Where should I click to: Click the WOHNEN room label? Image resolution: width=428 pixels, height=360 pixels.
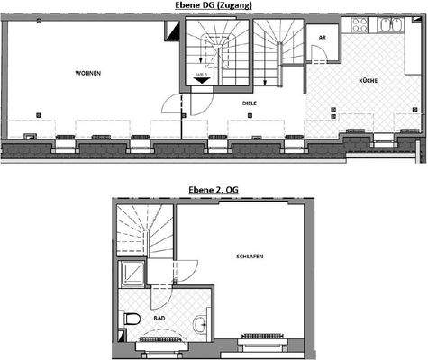[x=88, y=72]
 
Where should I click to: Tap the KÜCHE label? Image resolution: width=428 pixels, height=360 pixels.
[x=367, y=81]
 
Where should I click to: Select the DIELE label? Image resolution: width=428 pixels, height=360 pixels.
[x=250, y=103]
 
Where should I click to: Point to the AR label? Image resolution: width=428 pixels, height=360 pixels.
[x=322, y=39]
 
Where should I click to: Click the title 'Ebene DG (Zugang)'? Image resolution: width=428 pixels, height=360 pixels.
[x=214, y=5]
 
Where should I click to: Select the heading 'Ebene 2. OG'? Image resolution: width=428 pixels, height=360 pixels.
[x=214, y=190]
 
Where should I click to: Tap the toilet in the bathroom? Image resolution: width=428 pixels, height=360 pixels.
[x=132, y=319]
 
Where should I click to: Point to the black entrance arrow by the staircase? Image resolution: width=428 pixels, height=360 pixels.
[x=202, y=79]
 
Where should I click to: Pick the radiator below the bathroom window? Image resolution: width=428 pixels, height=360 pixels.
[x=159, y=344]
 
